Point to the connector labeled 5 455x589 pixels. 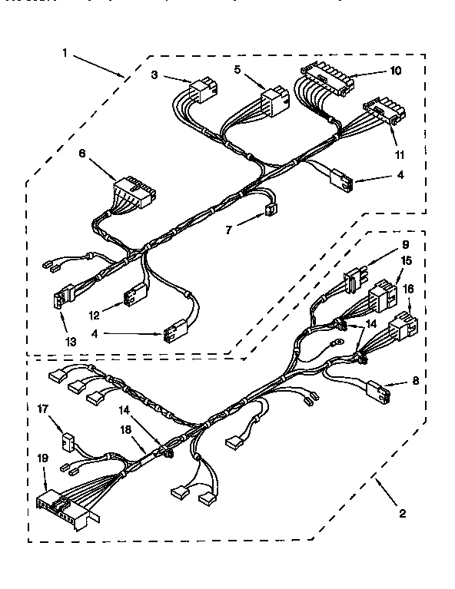point(273,102)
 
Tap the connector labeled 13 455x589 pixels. point(64,297)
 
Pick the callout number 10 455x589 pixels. point(395,71)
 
